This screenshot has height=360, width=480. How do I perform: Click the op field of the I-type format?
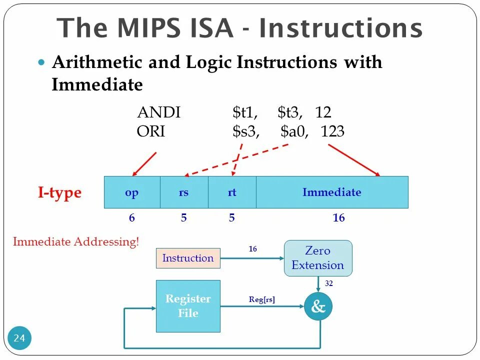tap(132, 192)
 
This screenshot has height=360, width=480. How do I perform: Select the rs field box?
tap(184, 192)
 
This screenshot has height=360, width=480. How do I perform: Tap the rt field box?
tap(232, 192)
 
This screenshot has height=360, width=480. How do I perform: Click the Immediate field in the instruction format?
tap(332, 192)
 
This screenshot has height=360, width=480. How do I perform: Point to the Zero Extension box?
tap(318, 258)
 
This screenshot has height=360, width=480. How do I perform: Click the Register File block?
tap(188, 306)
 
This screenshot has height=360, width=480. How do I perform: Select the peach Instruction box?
tap(188, 258)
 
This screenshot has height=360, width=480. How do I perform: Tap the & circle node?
tap(318, 306)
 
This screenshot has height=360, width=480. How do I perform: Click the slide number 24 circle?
tap(19, 338)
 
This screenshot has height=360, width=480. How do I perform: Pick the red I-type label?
tap(59, 193)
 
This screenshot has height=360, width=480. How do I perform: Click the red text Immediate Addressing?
tap(76, 242)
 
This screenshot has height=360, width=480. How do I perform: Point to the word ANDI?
tap(158, 112)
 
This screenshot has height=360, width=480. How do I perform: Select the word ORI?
tap(151, 131)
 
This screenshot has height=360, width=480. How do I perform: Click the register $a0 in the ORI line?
tap(292, 131)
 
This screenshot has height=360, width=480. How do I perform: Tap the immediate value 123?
tap(332, 131)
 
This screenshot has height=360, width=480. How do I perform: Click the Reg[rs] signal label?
tap(262, 300)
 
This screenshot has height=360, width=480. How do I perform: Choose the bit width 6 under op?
tap(132, 218)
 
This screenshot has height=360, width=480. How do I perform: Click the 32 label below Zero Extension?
tap(328, 283)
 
